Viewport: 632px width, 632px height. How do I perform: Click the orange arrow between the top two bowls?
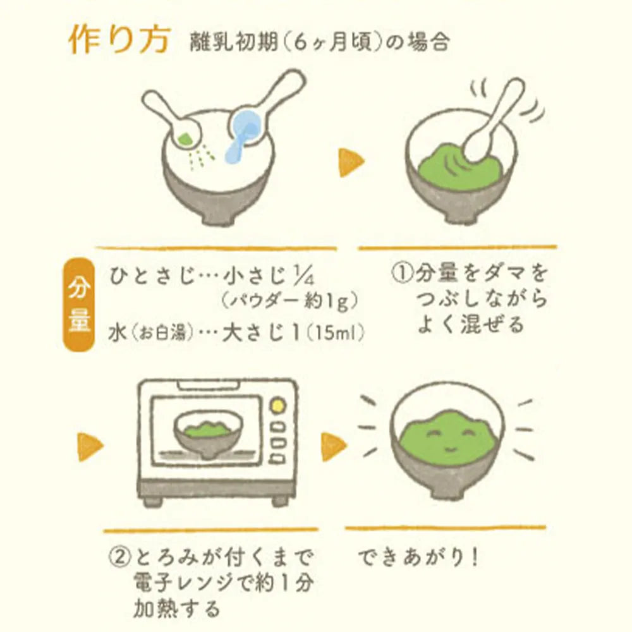[x=351, y=163]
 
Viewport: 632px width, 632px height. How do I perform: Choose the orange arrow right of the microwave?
[x=334, y=446]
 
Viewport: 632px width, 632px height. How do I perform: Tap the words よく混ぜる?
[x=471, y=325]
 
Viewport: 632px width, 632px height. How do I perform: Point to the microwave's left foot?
[x=152, y=501]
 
